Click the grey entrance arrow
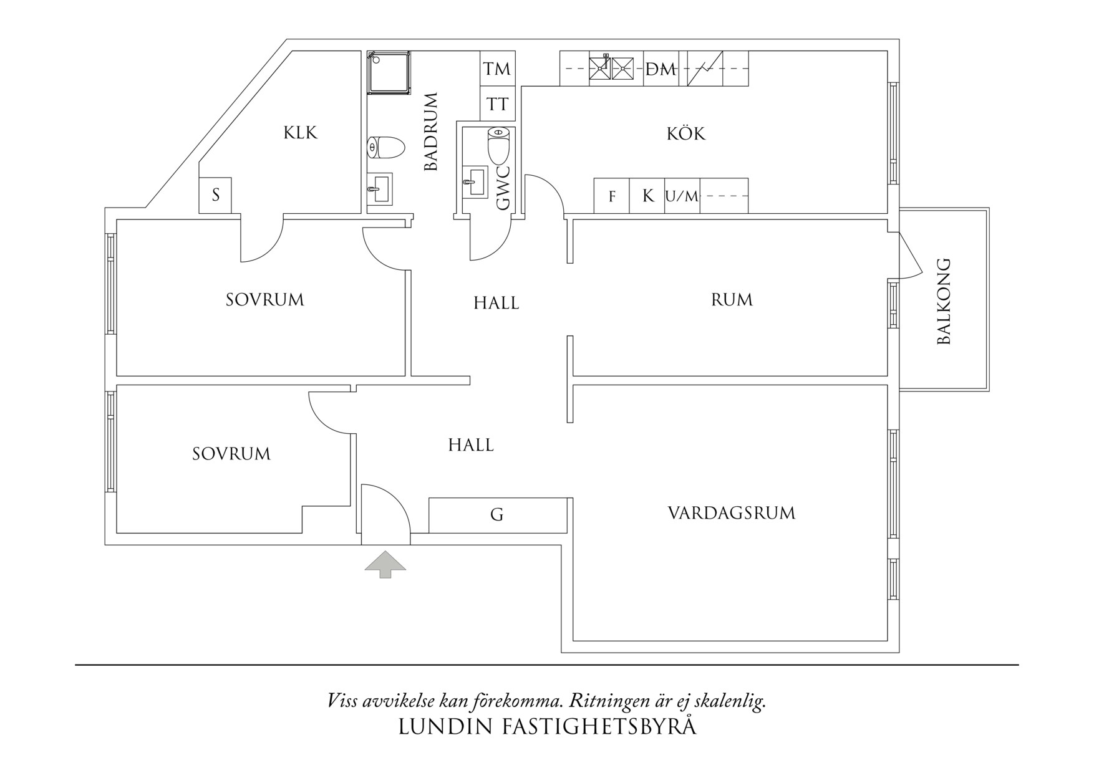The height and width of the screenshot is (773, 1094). (385, 564)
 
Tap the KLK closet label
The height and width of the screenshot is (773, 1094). (301, 133)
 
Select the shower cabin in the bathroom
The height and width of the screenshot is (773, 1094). (389, 73)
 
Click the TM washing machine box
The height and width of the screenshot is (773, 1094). (497, 69)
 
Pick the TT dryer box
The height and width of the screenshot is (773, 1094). (497, 104)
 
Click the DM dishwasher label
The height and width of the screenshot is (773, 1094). (661, 69)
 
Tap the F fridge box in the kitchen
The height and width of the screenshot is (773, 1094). (612, 196)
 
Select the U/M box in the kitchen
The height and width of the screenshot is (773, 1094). (682, 196)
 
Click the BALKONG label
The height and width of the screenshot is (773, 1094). (944, 301)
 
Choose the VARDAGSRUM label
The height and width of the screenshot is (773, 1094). (731, 513)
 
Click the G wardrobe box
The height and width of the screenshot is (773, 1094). (497, 515)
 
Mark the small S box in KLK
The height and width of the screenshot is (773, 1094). (216, 195)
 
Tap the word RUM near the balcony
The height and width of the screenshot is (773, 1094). (732, 300)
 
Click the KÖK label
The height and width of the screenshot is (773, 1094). (685, 133)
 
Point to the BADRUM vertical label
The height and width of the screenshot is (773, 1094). (431, 132)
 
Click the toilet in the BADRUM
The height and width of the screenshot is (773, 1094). (385, 148)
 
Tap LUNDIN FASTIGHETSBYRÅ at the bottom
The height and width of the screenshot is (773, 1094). (547, 727)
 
